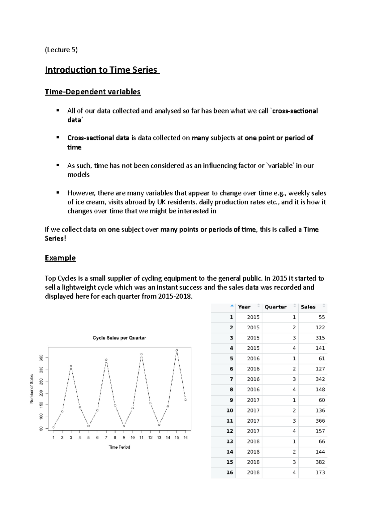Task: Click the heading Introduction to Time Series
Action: click(102, 70)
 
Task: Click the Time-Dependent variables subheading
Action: click(92, 92)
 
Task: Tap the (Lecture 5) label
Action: click(61, 50)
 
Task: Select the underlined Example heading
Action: click(60, 258)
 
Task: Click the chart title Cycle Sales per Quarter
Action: click(119, 338)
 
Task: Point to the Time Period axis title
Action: click(119, 447)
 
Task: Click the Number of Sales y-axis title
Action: click(32, 389)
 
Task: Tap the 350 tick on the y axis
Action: click(41, 358)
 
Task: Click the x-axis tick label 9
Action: click(124, 437)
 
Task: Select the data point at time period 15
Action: click(177, 350)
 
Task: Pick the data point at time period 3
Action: click(71, 366)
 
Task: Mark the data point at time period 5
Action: click(89, 426)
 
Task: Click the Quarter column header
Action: click(275, 307)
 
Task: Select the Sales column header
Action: click(308, 307)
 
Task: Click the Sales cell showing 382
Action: click(320, 462)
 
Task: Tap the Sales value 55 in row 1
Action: click(322, 317)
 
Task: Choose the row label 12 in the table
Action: click(229, 431)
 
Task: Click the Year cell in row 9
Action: click(253, 400)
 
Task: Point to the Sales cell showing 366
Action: click(320, 421)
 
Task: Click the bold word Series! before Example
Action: click(55, 238)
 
